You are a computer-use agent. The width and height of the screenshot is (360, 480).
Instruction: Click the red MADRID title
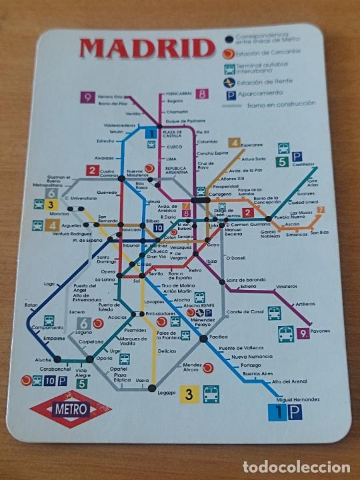tap(144, 47)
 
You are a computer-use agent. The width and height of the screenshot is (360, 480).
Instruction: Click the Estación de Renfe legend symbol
tap(230, 83)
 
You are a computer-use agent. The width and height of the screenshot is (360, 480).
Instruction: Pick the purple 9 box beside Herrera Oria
tap(88, 97)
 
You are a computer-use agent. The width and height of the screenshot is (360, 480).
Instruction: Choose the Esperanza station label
tap(256, 143)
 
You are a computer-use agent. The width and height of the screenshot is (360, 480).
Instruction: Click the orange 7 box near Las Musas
tap(321, 210)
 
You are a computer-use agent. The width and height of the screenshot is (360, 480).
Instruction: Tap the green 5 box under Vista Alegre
tap(81, 383)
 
